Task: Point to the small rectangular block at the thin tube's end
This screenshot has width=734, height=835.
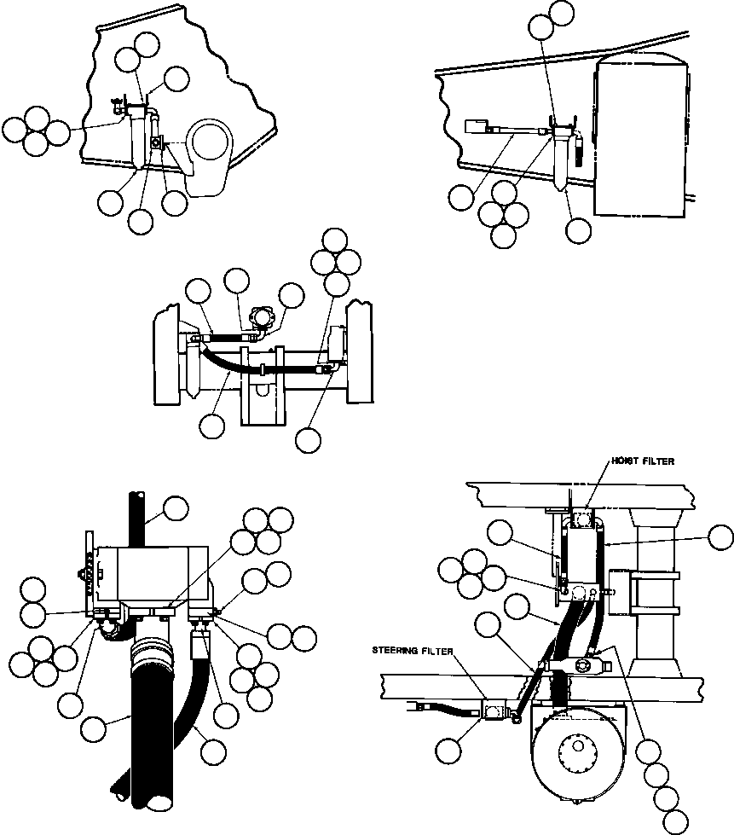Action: [476, 127]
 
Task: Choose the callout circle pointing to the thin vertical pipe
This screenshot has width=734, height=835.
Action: [176, 508]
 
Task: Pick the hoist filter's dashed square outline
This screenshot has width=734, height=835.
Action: [584, 521]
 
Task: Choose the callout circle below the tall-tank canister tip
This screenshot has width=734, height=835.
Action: [578, 229]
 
